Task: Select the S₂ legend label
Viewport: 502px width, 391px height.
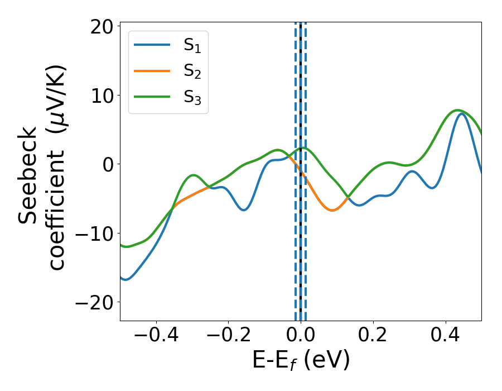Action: click(192, 72)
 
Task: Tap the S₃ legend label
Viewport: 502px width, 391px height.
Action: click(192, 97)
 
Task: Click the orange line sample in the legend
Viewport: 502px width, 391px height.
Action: click(152, 70)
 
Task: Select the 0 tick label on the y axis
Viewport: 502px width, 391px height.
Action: click(107, 164)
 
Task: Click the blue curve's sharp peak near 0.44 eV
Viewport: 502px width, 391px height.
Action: click(461, 113)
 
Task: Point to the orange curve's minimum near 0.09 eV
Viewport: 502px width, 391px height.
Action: click(332, 210)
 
